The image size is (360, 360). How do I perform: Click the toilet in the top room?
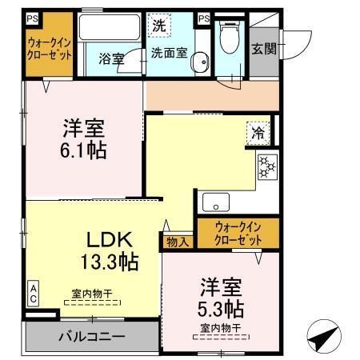(x=230, y=34)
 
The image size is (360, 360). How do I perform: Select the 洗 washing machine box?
(x=160, y=24)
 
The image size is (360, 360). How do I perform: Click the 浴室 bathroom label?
(x=110, y=58)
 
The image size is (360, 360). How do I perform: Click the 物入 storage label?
(x=178, y=241)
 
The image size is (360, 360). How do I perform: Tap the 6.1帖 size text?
(x=85, y=149)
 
